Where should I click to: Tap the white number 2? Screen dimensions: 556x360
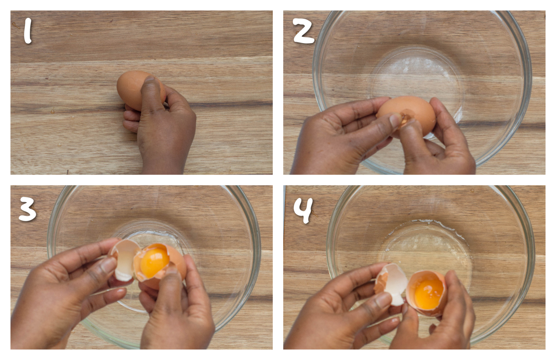[x=303, y=32]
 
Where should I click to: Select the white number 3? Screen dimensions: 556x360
[x=28, y=209]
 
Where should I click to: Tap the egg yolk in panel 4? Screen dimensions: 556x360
[x=429, y=294]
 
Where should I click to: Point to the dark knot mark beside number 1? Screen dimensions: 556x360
[x=16, y=25]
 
